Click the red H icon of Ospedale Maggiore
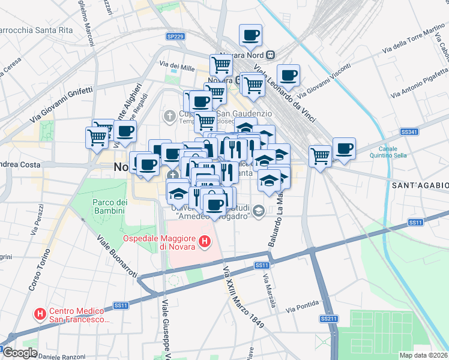click(205, 242)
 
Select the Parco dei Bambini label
click(108, 206)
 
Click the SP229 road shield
click(175, 37)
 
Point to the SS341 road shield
click(409, 131)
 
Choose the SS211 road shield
click(328, 318)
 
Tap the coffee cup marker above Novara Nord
click(250, 35)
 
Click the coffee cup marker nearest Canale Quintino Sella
click(344, 148)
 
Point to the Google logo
click(21, 353)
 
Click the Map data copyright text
click(423, 355)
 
